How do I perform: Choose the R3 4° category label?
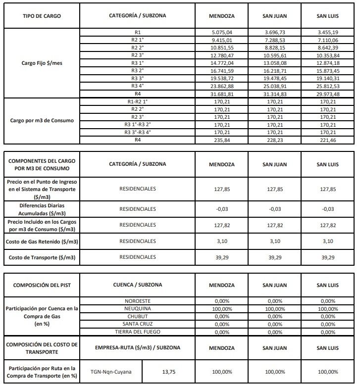(138, 86)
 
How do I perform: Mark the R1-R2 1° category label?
(138, 101)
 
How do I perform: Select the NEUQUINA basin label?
(138, 308)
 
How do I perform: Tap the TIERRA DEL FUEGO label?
(138, 332)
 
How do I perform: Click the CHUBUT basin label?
(138, 316)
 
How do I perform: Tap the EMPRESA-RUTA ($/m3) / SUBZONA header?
(138, 347)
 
